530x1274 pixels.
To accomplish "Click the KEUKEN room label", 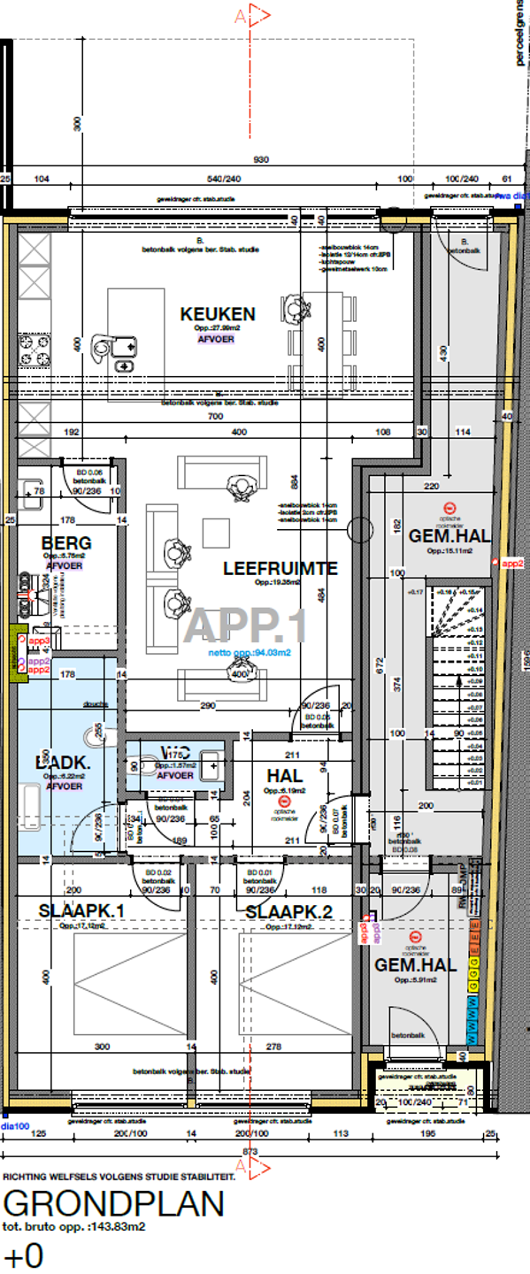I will pos(218,314).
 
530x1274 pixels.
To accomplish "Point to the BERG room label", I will pos(66,542).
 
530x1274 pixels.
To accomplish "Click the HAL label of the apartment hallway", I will pos(285,775).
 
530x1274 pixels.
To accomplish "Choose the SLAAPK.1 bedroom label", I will pos(79,911).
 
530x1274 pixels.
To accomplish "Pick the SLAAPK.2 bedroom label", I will pos(288,912).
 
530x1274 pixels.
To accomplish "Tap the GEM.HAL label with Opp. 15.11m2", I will pos(449,535).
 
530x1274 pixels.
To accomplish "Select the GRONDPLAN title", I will pos(113,1205).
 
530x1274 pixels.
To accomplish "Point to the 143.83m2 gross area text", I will pos(74,1227).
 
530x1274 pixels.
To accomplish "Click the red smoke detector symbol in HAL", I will pos(285,800).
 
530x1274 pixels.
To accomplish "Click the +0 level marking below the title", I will pos(23,1256).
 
